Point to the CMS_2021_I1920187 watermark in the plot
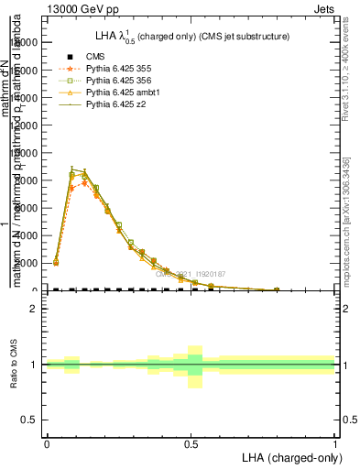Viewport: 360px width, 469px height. pos(191,273)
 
